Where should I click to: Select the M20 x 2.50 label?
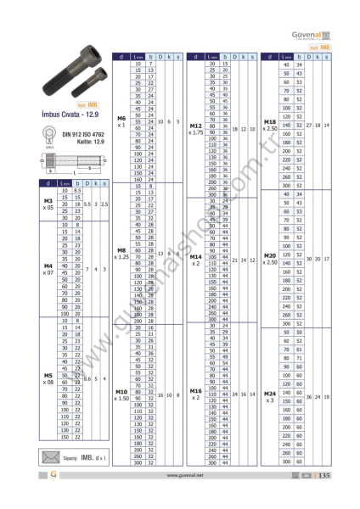(x=270, y=259)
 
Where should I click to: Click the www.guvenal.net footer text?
(x=179, y=499)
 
